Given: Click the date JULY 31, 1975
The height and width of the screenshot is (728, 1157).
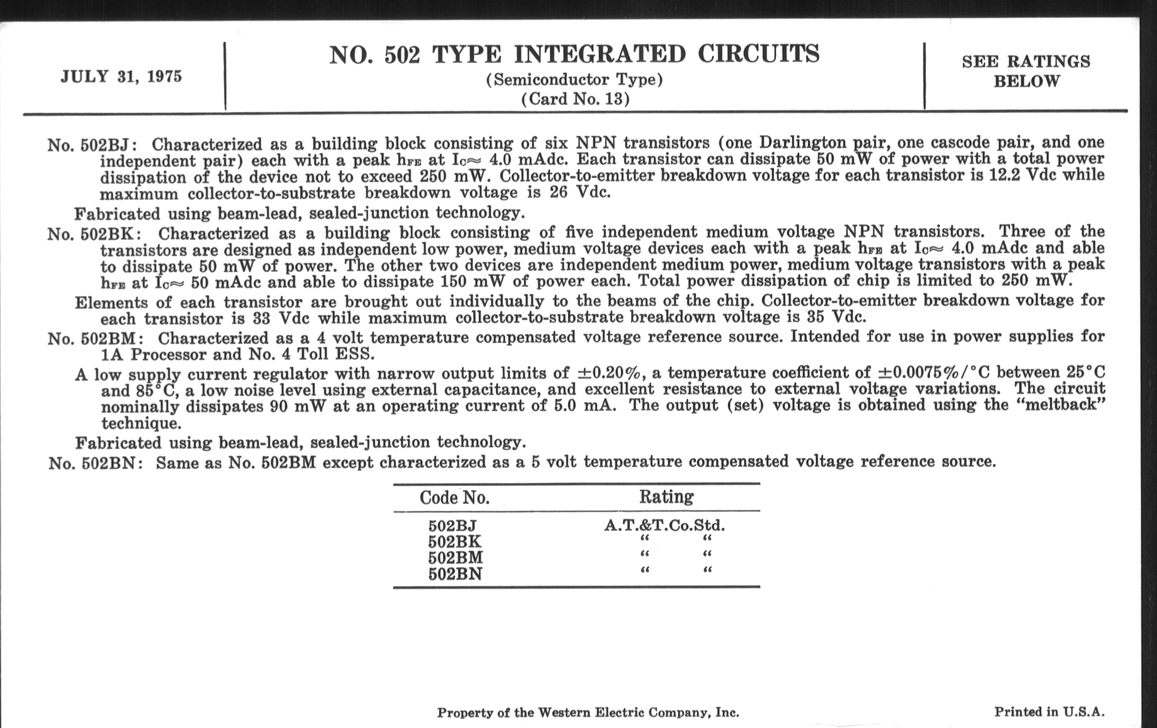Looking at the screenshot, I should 121,77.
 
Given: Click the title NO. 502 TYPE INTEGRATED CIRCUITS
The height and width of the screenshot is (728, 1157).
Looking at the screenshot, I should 574,54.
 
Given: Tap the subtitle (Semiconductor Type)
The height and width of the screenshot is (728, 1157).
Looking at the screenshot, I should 574,80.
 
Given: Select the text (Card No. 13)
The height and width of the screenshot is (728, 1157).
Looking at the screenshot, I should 575,99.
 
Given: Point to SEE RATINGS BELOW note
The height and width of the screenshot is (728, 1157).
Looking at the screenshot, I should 1026,71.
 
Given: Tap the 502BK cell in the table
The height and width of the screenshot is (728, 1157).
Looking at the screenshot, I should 454,542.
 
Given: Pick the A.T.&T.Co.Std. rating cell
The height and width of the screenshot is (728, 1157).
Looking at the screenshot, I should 664,526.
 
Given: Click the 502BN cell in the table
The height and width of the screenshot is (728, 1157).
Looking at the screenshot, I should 454,574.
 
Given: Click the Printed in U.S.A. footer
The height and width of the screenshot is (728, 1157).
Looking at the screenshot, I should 1049,712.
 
